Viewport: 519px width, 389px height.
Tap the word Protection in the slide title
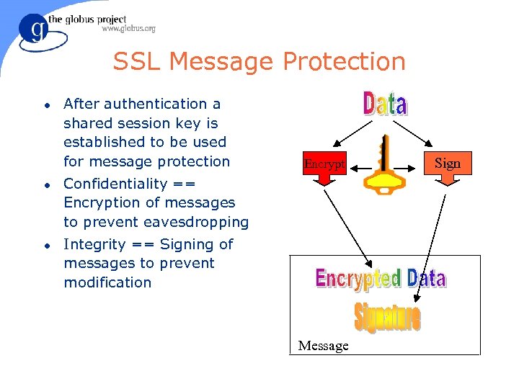(345, 62)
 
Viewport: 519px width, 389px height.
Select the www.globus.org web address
(128, 29)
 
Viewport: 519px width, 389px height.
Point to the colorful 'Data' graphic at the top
(385, 104)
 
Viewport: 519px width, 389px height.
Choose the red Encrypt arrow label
(324, 165)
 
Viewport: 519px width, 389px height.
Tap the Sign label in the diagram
(447, 164)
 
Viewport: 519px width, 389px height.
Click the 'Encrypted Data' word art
(381, 279)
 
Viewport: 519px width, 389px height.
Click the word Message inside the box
(323, 346)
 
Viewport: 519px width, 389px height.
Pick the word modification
(107, 282)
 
